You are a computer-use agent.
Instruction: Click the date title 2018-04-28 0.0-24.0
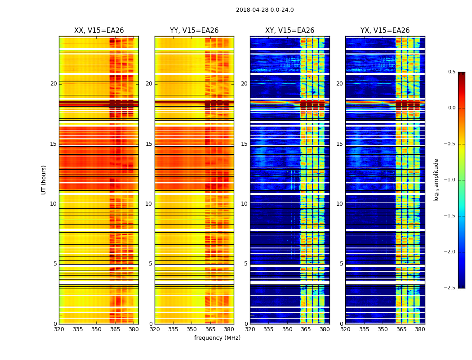pyautogui.click(x=265, y=10)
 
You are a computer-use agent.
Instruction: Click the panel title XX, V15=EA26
pyautogui.click(x=99, y=31)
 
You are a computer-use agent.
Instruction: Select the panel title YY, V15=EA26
pyautogui.click(x=194, y=31)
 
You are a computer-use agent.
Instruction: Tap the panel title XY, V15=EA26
pyautogui.click(x=290, y=31)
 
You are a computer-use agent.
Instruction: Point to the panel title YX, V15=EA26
pyautogui.click(x=385, y=31)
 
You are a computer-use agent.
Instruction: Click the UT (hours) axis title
pyautogui.click(x=44, y=180)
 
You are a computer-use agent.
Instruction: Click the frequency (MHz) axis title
pyautogui.click(x=217, y=338)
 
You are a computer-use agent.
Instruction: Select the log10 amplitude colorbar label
pyautogui.click(x=436, y=180)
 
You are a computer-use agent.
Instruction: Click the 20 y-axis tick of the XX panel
pyautogui.click(x=53, y=84)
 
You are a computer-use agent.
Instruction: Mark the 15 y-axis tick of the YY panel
pyautogui.click(x=149, y=144)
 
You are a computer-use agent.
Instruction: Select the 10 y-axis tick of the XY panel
pyautogui.click(x=244, y=204)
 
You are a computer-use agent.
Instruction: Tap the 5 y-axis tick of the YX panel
pyautogui.click(x=342, y=264)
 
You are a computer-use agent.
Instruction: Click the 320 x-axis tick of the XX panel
pyautogui.click(x=59, y=329)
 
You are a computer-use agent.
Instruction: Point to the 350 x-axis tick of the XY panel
pyautogui.click(x=287, y=329)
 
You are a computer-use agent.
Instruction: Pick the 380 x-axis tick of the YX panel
pyautogui.click(x=420, y=329)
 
